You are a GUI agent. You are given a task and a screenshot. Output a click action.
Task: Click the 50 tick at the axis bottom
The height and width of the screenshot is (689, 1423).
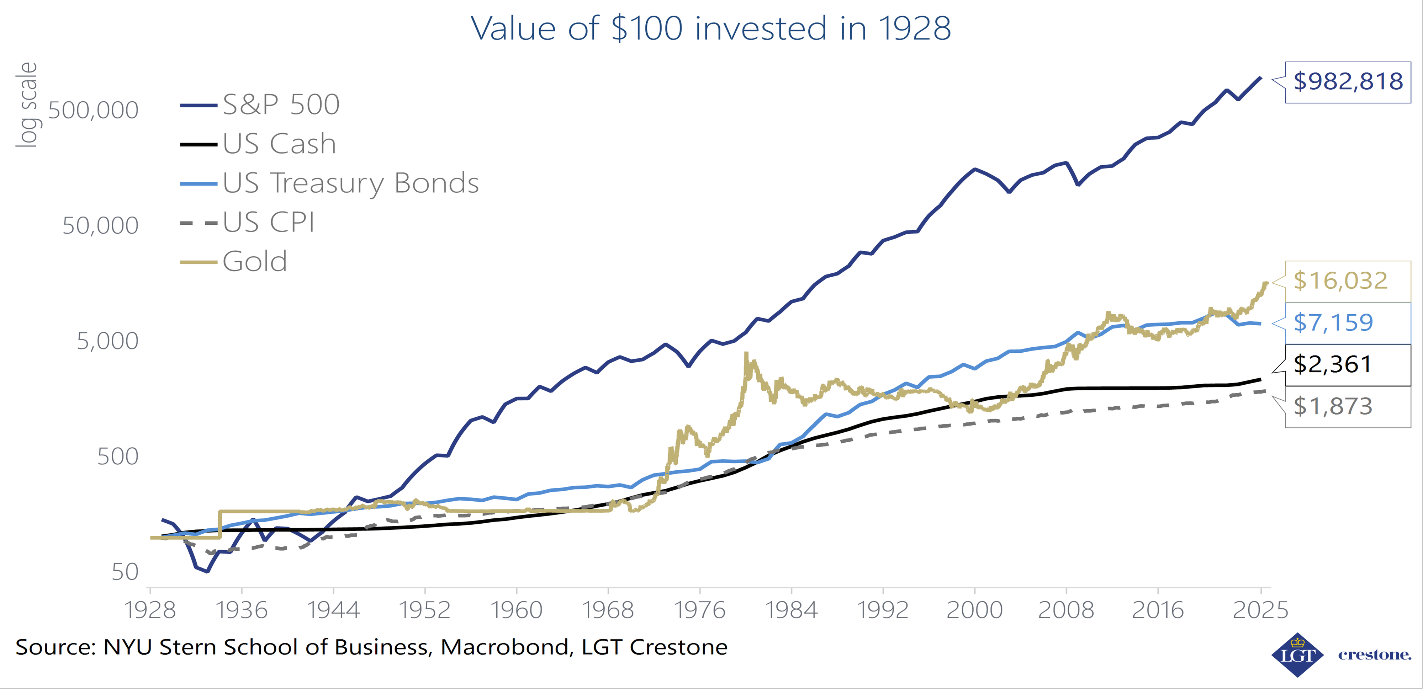(x=125, y=572)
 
